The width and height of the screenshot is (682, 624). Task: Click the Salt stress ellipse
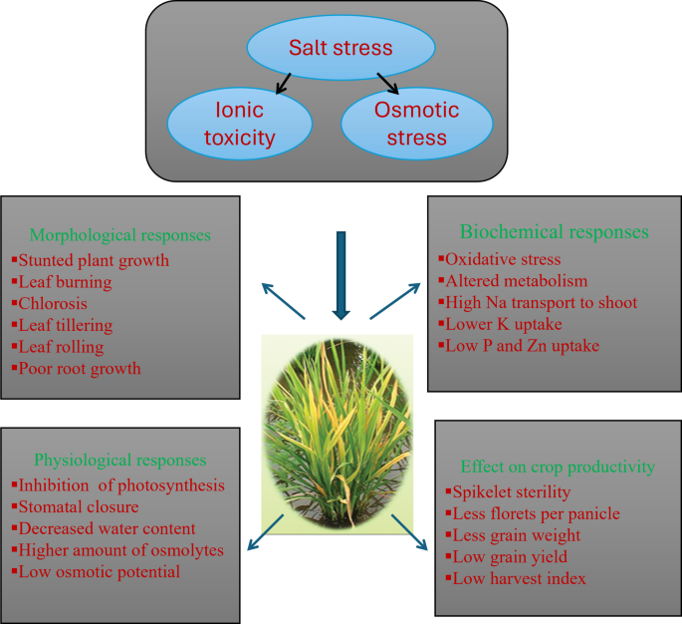(341, 47)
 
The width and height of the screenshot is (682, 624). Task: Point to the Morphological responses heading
(120, 236)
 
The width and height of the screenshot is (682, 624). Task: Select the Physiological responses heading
(119, 461)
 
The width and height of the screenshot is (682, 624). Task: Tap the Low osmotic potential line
(99, 572)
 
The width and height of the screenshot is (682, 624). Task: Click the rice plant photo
(337, 433)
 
